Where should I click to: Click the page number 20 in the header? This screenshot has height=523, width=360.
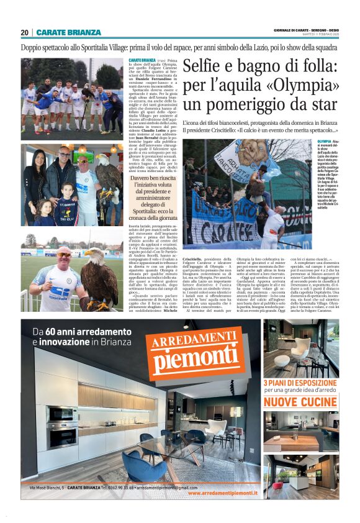coord(24,32)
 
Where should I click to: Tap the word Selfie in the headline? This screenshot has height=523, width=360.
coord(214,65)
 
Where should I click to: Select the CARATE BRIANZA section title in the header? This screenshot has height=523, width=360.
coord(68,32)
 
